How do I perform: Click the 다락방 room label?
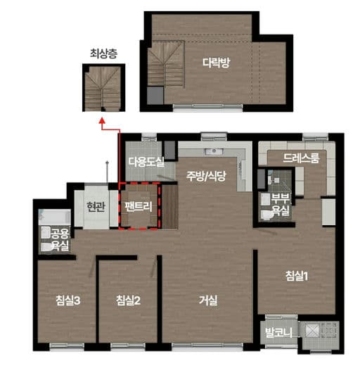click(217, 63)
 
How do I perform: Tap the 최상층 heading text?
click(103, 53)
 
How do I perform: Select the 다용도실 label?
click(146, 162)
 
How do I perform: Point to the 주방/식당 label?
click(206, 176)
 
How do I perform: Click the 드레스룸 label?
click(301, 158)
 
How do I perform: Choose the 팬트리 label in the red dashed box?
click(139, 207)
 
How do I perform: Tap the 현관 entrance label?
click(96, 207)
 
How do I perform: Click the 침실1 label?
click(297, 276)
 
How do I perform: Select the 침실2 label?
click(128, 300)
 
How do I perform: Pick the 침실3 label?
click(68, 300)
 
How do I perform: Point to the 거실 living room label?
click(208, 300)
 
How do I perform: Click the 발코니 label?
click(278, 333)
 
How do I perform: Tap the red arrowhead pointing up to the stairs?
click(102, 120)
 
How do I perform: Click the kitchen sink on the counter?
click(214, 151)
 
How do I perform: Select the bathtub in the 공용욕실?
click(54, 217)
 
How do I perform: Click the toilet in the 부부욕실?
click(266, 215)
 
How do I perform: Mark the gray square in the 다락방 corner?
click(155, 96)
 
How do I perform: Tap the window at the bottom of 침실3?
click(67, 346)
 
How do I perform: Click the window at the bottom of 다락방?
click(208, 107)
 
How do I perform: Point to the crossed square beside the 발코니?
click(312, 331)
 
